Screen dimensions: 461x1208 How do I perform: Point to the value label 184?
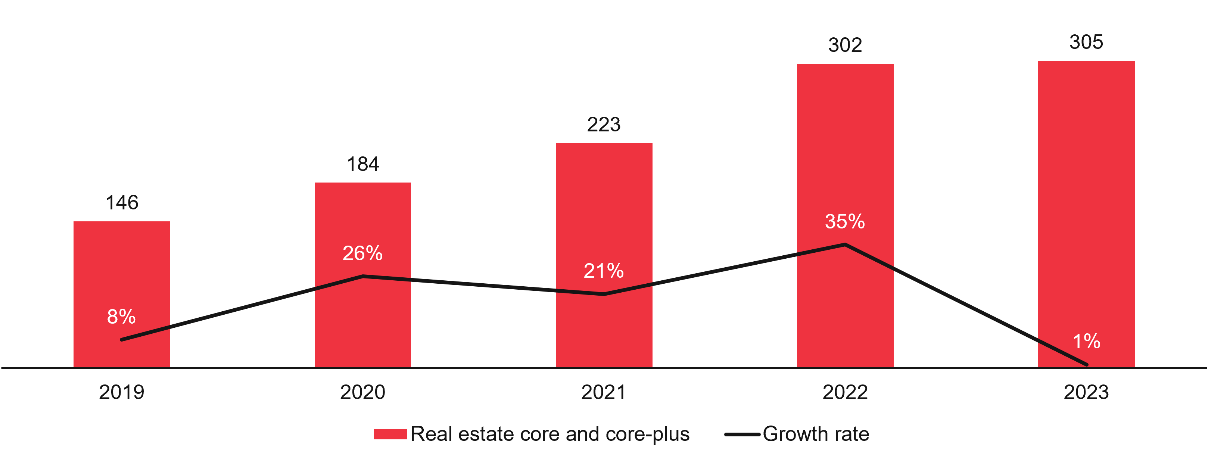(x=362, y=164)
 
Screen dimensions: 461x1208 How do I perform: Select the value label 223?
(x=604, y=124)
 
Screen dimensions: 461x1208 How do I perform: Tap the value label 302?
(x=845, y=45)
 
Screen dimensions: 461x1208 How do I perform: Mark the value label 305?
(x=1086, y=42)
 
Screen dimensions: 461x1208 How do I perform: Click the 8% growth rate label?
(x=121, y=317)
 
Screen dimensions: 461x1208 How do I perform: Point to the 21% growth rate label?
(x=604, y=271)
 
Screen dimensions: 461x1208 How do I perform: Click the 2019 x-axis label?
(x=121, y=392)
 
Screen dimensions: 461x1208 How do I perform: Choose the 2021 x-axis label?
(x=604, y=392)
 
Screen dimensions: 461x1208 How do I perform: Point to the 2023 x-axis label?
(x=1086, y=392)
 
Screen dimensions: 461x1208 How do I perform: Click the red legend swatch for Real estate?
(x=390, y=434)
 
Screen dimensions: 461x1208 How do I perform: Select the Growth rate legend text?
(x=816, y=434)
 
